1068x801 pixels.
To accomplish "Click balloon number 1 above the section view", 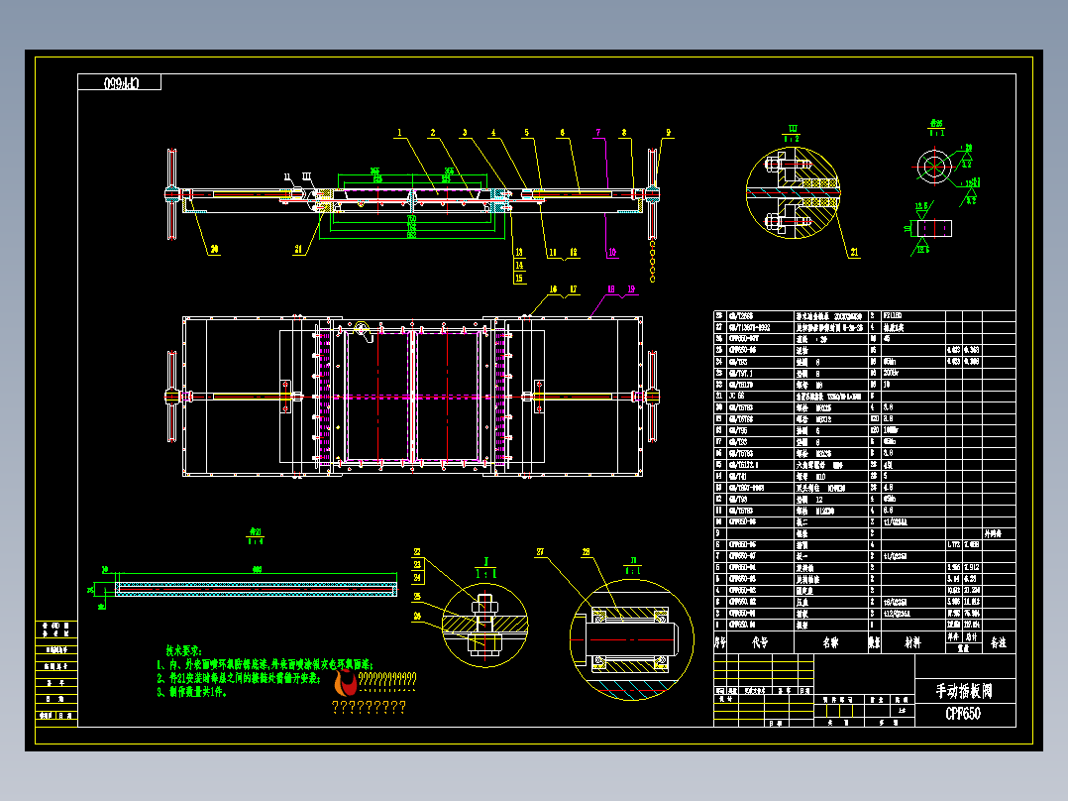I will [400, 132].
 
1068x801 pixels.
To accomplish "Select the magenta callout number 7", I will [597, 132].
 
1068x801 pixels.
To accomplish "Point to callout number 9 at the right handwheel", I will [669, 132].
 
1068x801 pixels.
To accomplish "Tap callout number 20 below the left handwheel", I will [213, 251].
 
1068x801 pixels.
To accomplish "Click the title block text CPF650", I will [963, 713].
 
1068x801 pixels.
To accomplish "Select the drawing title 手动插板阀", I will [964, 690].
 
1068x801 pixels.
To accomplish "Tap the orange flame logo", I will [346, 683].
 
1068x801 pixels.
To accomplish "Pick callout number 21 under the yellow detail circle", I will [854, 253].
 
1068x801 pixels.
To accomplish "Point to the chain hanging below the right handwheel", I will [653, 260].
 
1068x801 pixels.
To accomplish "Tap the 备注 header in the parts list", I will [998, 641].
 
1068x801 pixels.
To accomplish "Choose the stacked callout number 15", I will [518, 279].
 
